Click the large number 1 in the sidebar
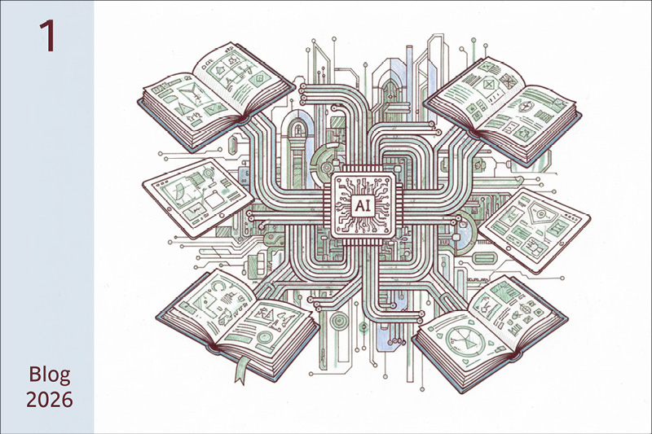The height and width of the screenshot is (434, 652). [48, 36]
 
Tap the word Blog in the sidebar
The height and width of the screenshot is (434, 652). [50, 375]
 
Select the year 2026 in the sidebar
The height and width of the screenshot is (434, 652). [50, 400]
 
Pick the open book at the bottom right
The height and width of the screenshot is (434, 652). [490, 334]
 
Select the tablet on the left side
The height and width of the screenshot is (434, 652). [198, 198]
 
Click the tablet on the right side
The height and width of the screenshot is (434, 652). [535, 230]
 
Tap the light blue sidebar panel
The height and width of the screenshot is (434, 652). [47, 217]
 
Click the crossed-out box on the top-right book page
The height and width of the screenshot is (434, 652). [507, 79]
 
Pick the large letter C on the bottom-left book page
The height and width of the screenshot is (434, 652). [218, 286]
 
